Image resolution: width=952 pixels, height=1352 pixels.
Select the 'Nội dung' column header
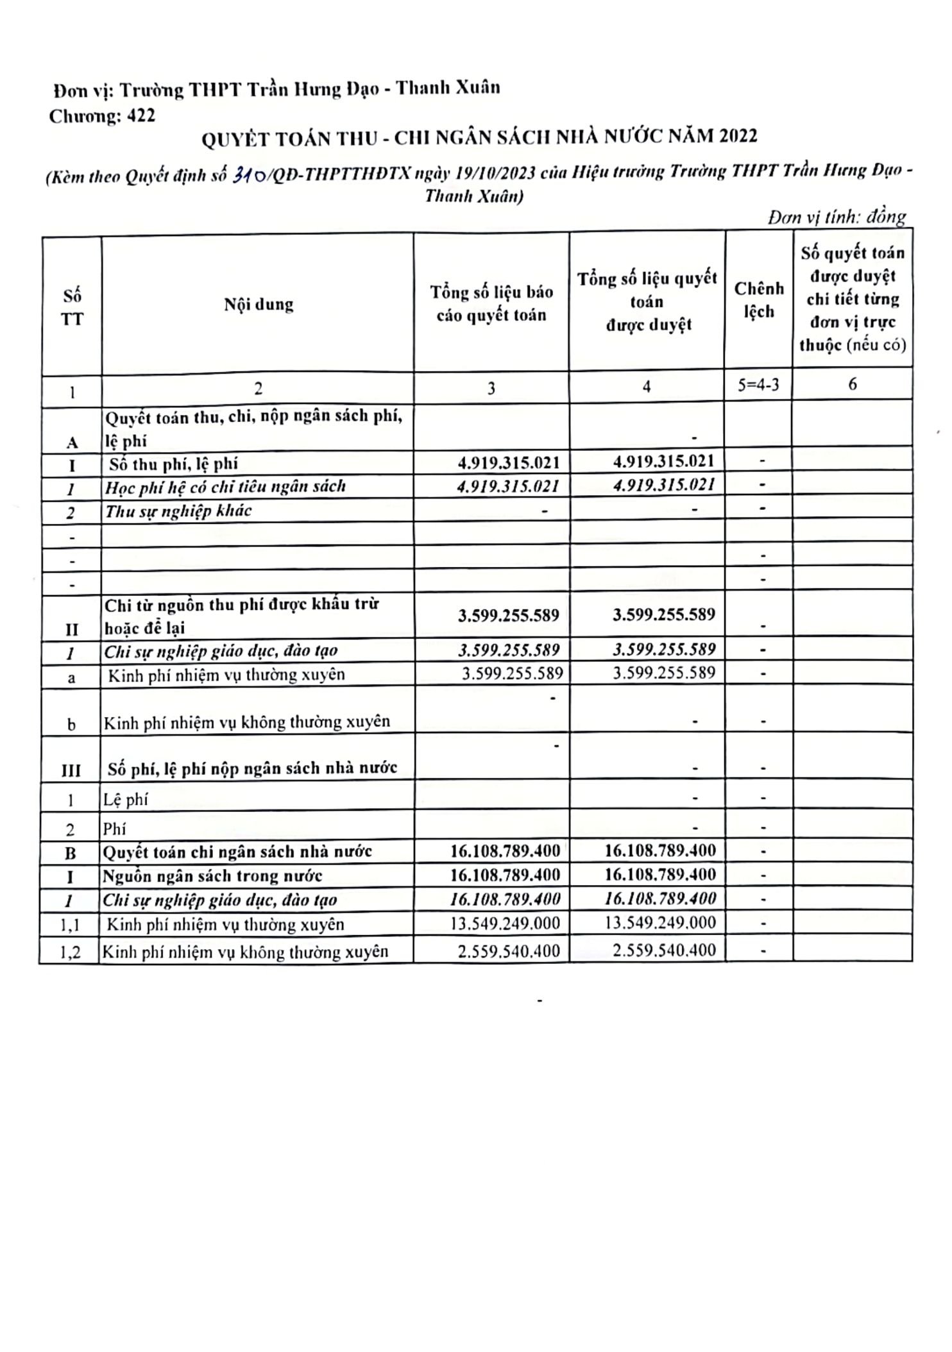[x=259, y=304]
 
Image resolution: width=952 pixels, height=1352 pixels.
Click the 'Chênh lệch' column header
[x=759, y=300]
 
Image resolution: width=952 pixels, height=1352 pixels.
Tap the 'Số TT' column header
[x=72, y=307]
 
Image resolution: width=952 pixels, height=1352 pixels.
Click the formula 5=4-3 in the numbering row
[x=759, y=385]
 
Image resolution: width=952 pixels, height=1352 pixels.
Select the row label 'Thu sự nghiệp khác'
[x=178, y=511]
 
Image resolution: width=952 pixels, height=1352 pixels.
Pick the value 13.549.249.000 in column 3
[x=505, y=924]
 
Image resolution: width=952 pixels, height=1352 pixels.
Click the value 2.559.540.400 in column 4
[x=664, y=950]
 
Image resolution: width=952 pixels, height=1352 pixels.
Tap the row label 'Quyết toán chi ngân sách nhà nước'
[x=238, y=852]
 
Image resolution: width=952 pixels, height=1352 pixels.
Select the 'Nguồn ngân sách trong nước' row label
[x=213, y=875]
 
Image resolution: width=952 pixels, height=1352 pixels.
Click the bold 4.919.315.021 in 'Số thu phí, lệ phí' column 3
[x=508, y=462]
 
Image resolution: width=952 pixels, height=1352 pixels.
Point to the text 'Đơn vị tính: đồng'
[x=837, y=217]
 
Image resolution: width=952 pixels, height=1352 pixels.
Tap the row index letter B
[x=71, y=854]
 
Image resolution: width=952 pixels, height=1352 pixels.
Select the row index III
[x=71, y=770]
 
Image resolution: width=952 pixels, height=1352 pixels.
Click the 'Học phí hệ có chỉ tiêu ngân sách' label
[x=225, y=487]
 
